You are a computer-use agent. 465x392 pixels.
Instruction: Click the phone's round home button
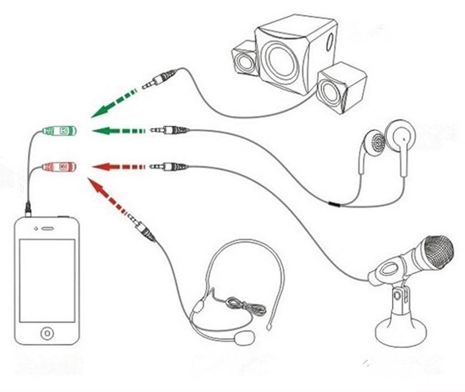[47, 333]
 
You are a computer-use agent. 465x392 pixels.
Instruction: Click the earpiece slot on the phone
[48, 228]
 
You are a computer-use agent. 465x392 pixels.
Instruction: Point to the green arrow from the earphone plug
[116, 131]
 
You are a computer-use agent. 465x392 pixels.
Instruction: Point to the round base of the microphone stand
[401, 332]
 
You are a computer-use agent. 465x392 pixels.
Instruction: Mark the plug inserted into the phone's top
[28, 209]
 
